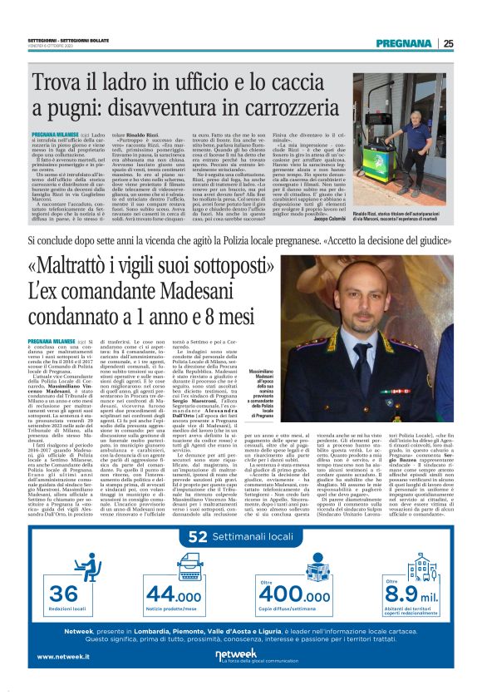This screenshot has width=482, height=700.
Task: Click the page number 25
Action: click(x=448, y=43)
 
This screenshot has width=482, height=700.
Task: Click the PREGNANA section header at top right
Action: click(x=405, y=43)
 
